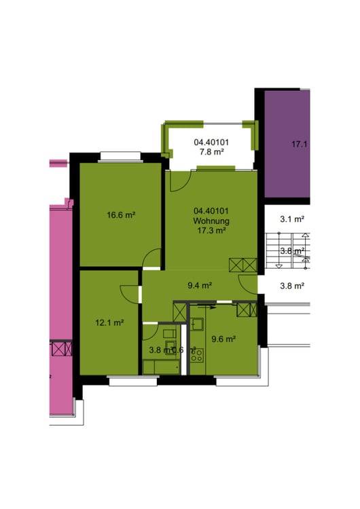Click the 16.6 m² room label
[121, 215]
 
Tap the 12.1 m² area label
[109, 322]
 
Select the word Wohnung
[211, 221]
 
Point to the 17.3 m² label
[211, 231]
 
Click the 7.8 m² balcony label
[211, 152]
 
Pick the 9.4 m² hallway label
[200, 286]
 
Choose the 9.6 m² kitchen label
[223, 339]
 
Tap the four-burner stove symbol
[197, 354]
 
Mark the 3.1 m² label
[292, 219]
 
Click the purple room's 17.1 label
[300, 144]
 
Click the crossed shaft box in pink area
[62, 350]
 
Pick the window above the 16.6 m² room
[120, 159]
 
